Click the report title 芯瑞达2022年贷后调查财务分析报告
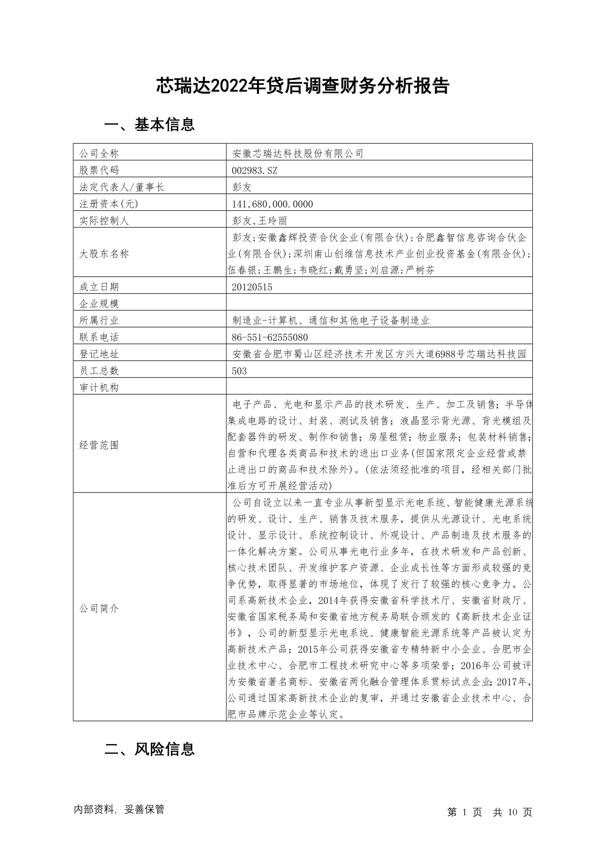(303, 86)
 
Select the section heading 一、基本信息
(149, 125)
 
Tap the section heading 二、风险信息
(149, 749)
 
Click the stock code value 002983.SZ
(255, 170)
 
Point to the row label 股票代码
(99, 170)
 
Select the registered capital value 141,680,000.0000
(272, 204)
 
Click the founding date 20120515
(252, 287)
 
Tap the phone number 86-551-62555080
(270, 337)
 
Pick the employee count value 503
(239, 371)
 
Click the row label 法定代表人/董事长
(122, 187)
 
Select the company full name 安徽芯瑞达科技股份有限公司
(298, 154)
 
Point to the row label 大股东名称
(104, 254)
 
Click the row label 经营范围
(99, 445)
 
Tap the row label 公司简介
(99, 608)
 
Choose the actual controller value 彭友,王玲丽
(259, 221)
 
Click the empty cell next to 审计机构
(379, 388)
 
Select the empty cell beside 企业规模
(379, 304)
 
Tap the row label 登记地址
(99, 354)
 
